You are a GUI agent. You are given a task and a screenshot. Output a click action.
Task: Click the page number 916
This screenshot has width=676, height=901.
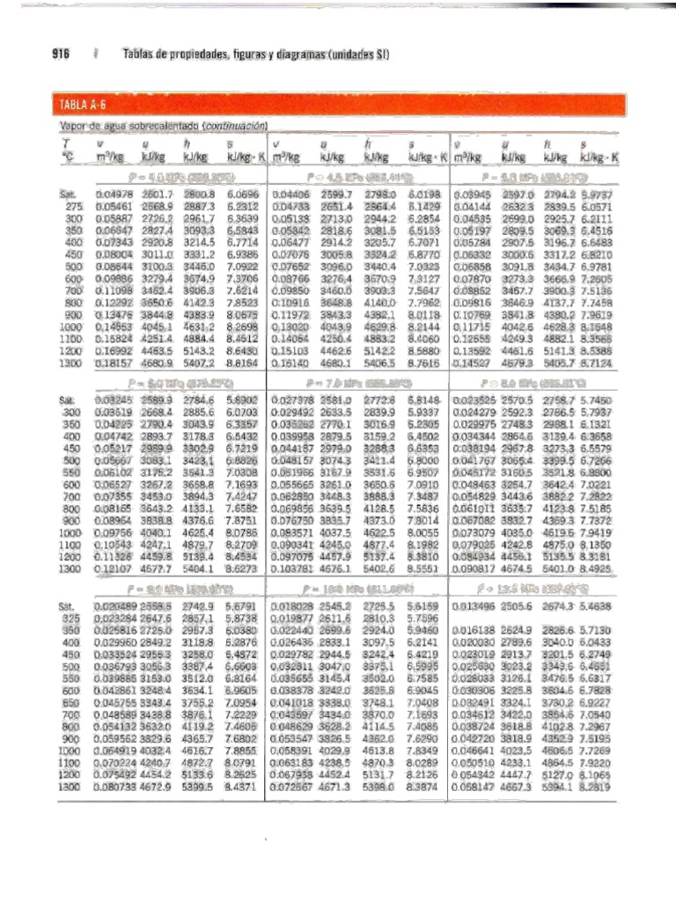pyautogui.click(x=59, y=55)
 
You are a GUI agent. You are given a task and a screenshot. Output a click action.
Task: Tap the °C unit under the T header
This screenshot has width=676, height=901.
pyautogui.click(x=65, y=157)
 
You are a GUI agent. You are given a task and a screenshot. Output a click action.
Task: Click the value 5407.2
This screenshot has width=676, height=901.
pyautogui.click(x=200, y=362)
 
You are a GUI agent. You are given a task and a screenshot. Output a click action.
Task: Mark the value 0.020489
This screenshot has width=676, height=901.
pyautogui.click(x=113, y=607)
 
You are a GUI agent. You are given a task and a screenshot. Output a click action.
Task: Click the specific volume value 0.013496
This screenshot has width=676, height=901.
pyautogui.click(x=475, y=607)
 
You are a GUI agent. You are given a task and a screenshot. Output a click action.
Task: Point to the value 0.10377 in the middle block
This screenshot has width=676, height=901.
pyautogui.click(x=292, y=569)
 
